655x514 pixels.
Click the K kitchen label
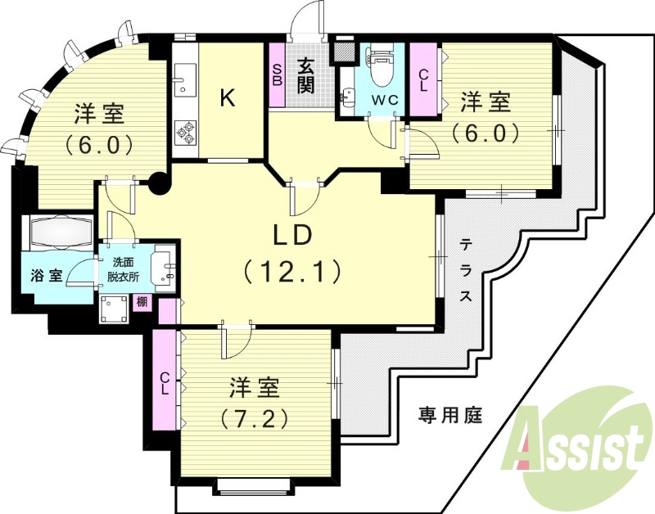point(228,99)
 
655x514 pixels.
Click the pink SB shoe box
point(278,75)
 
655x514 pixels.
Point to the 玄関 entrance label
point(305,74)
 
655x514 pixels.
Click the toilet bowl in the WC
point(378,73)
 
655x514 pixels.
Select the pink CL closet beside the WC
point(423,80)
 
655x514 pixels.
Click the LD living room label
point(291,235)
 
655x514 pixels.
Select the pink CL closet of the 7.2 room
point(165,382)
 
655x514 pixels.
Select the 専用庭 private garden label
point(450,415)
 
